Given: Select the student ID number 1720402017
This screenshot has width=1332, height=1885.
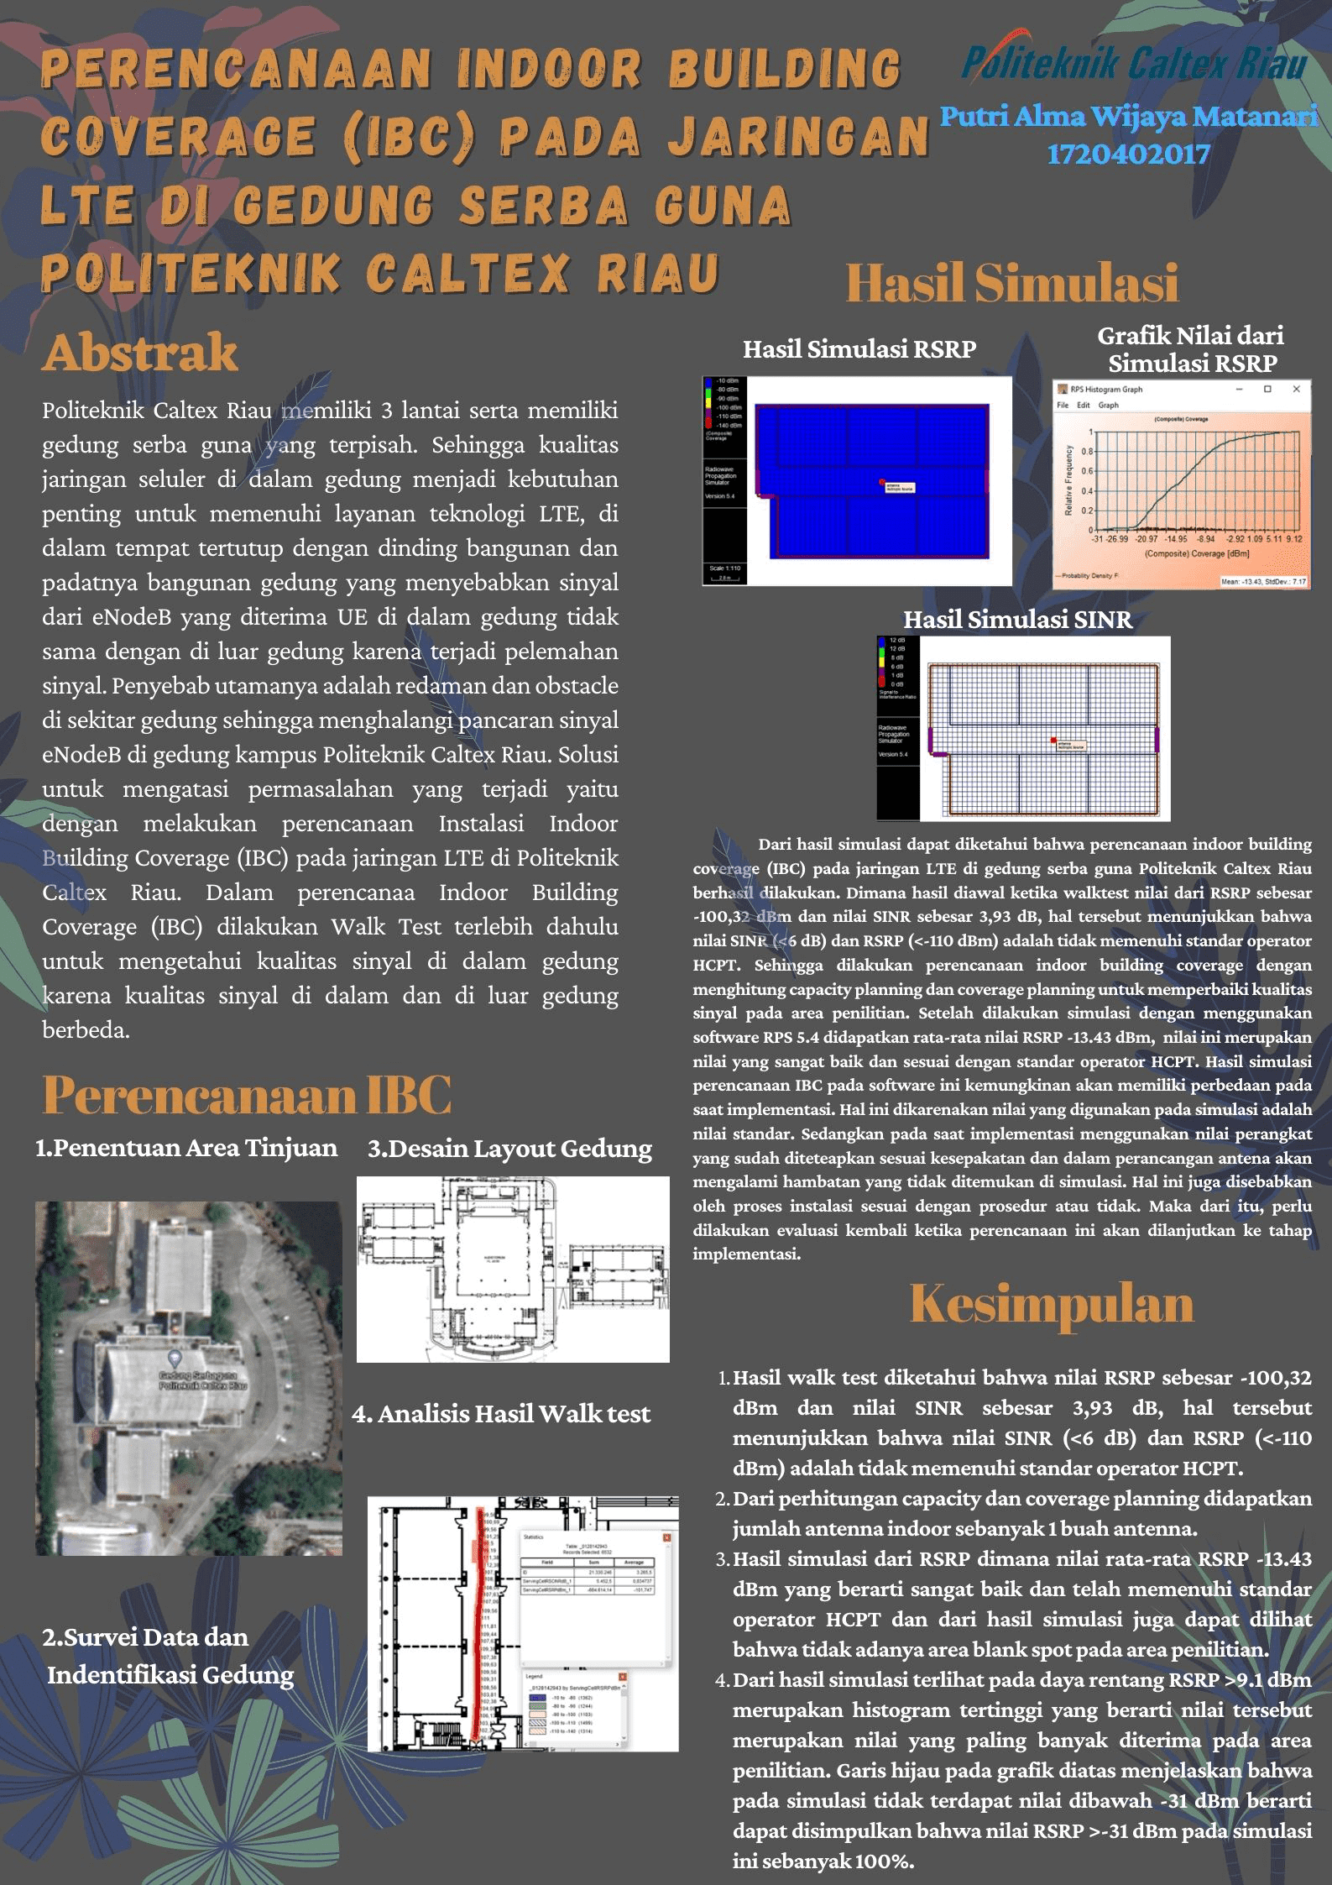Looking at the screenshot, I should tap(1128, 154).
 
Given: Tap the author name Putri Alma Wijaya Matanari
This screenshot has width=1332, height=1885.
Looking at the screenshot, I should tap(1128, 116).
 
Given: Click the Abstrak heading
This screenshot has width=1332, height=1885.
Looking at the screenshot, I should tap(140, 352).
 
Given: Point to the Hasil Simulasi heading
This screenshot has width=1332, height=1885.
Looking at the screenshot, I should tap(1011, 283).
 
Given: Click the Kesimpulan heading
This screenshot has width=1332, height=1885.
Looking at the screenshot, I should tap(1052, 1304).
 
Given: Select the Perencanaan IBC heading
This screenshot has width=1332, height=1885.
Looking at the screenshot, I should tap(247, 1095).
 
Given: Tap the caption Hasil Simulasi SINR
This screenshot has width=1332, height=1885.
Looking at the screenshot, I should tap(1017, 620).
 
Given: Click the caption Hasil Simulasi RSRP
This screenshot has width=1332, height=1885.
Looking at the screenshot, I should tap(859, 349).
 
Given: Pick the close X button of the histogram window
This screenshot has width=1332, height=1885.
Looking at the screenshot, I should tap(1296, 389).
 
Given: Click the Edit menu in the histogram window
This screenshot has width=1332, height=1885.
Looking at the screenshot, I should tap(1084, 405).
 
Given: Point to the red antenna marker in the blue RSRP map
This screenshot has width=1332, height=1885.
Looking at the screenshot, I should tap(882, 482).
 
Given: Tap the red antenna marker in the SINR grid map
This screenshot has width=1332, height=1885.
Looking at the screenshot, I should tap(1053, 740).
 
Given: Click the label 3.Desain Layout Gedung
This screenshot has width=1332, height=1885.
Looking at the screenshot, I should tap(509, 1149).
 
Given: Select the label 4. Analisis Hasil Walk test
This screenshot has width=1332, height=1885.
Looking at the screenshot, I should tap(501, 1414).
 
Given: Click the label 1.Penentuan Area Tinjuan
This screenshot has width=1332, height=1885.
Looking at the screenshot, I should tap(186, 1148).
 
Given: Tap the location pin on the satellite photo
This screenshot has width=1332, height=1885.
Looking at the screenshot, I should tap(175, 1357).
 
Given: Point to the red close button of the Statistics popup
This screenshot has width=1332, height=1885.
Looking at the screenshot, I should tap(667, 1537).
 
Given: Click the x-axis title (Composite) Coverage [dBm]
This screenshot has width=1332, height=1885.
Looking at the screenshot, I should tap(1196, 553).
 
